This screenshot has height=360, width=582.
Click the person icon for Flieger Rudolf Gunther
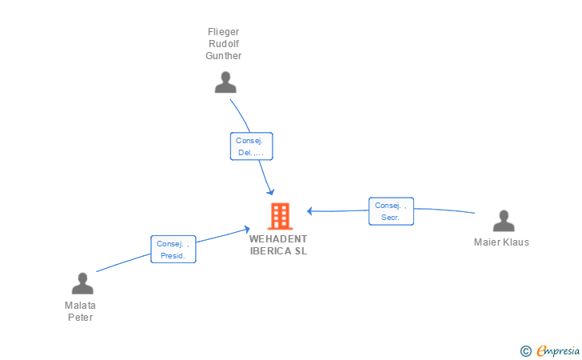pos(225,82)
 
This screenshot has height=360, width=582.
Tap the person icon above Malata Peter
pos(82,283)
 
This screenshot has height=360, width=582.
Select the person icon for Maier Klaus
pos(504,221)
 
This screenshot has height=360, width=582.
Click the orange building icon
pos(281,216)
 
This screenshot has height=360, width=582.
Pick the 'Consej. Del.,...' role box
pos(251,146)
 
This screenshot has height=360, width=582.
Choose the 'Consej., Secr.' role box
pos(391,211)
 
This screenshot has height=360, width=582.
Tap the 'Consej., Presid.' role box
pos(173,250)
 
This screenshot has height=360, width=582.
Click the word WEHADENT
pos(278,239)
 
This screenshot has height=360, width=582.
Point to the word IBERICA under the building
pos(270,251)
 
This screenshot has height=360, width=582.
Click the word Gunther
pos(224,56)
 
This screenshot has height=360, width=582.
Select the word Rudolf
pos(224,44)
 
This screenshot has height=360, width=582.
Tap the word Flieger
pos(224,32)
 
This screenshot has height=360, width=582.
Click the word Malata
pos(80,306)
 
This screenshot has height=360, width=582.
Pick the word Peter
pos(80,318)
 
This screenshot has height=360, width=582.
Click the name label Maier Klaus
pos(501,242)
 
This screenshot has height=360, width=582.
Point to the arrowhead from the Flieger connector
pos(271,192)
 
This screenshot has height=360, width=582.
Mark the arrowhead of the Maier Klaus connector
pos(309,211)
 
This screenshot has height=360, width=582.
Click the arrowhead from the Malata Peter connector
pos(247,229)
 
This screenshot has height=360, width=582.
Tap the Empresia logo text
pos(558,350)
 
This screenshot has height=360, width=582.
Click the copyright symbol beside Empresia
pos(526,351)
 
